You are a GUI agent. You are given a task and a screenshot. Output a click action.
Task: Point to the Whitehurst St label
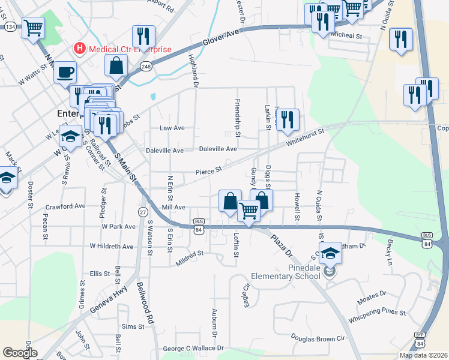(x=305, y=138)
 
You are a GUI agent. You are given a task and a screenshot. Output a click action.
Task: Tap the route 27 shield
(x=143, y=212)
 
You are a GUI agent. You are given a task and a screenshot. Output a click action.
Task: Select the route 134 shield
(x=10, y=27)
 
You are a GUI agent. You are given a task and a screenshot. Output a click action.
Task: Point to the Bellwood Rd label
(x=146, y=304)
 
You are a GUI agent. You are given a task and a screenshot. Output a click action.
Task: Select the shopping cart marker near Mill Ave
(x=249, y=210)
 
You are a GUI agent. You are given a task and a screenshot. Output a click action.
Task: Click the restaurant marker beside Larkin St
(x=288, y=120)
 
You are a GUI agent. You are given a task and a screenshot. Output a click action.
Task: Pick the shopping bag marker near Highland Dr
(x=116, y=66)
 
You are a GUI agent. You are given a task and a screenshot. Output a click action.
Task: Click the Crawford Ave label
(x=65, y=206)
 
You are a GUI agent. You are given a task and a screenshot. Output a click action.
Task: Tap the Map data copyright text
(x=424, y=355)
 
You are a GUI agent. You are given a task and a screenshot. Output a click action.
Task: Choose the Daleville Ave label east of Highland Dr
(x=218, y=149)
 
